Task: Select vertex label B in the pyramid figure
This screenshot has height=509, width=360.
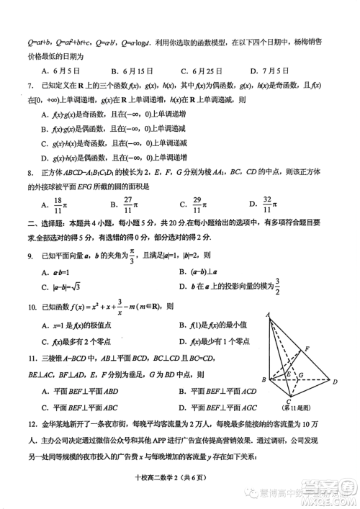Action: [264, 379]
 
